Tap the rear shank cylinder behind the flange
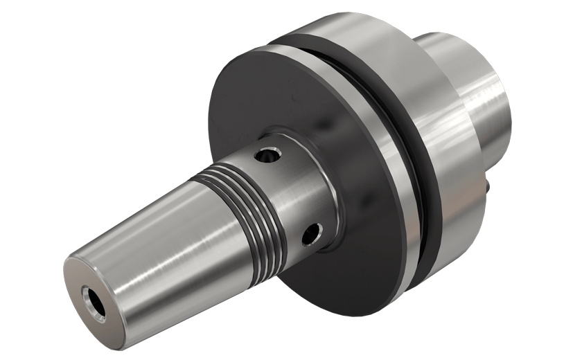point(485,83)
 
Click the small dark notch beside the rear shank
point(491,186)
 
